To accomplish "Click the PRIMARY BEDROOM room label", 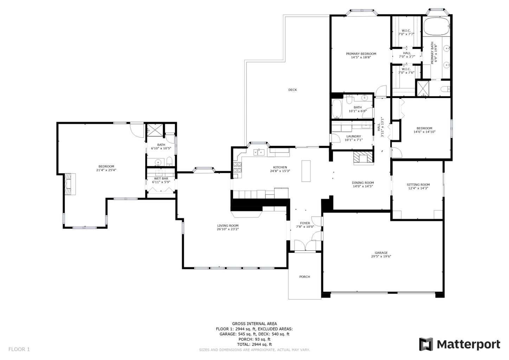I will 361,54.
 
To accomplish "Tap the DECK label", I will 292,90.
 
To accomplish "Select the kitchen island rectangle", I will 306,171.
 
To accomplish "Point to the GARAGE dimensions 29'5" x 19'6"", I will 381,257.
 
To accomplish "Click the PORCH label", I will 304,277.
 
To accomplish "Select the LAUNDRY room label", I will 353,136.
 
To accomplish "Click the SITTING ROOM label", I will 418,185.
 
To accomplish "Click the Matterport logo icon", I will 426,344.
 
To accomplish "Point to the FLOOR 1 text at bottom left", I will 19,349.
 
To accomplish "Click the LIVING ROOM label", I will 228,226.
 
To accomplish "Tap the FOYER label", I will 305,223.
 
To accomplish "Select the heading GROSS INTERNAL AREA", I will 254,324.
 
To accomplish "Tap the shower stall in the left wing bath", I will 153,130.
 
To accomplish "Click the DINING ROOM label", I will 363,183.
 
